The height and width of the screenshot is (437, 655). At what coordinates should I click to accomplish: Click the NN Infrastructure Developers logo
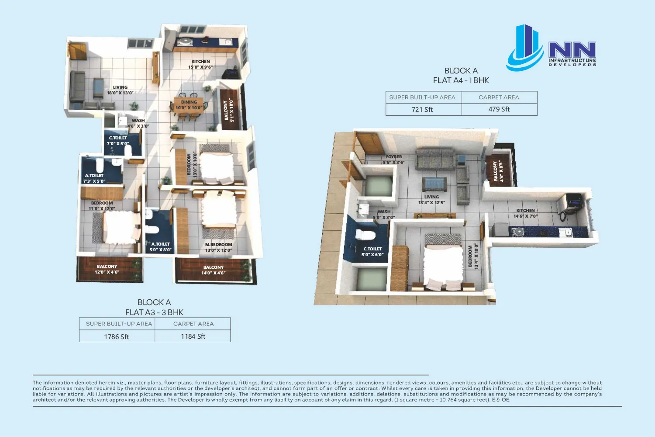pos(551,48)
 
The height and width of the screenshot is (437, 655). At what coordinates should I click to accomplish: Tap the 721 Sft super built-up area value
pos(422,110)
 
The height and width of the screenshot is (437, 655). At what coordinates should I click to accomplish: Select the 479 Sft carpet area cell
pos(499,109)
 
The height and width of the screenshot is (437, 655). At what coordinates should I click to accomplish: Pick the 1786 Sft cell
pos(117,336)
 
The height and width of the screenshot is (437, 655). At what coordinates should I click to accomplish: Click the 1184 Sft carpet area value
pos(193,336)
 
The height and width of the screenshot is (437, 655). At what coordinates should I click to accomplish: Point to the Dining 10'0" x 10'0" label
pos(189,105)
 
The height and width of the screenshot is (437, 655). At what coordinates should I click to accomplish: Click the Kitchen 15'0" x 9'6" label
pos(200,64)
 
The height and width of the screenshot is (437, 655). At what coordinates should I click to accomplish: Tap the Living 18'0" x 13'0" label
pos(120,90)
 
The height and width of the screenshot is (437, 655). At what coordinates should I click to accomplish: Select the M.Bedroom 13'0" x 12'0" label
pos(218,247)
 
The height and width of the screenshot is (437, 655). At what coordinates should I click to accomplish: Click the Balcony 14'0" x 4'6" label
pos(214,270)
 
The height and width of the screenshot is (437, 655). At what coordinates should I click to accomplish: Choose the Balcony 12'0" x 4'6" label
pos(107,269)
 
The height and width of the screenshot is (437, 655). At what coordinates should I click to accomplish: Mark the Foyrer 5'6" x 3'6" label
pos(394,160)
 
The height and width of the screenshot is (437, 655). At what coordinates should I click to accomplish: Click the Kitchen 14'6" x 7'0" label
pos(525,213)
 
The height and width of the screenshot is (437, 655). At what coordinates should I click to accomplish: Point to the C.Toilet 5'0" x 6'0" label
pos(372,252)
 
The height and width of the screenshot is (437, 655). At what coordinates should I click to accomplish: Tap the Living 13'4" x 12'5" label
pos(431,200)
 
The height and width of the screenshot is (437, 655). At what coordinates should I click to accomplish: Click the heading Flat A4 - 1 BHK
pos(461,80)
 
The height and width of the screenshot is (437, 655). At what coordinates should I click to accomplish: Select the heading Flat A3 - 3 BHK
pos(154,312)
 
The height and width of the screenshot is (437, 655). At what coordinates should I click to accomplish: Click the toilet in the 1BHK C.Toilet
pos(365,235)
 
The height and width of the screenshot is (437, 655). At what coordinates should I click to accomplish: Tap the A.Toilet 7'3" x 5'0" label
pos(94,178)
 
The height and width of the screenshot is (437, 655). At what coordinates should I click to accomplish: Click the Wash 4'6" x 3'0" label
pos(138,123)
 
